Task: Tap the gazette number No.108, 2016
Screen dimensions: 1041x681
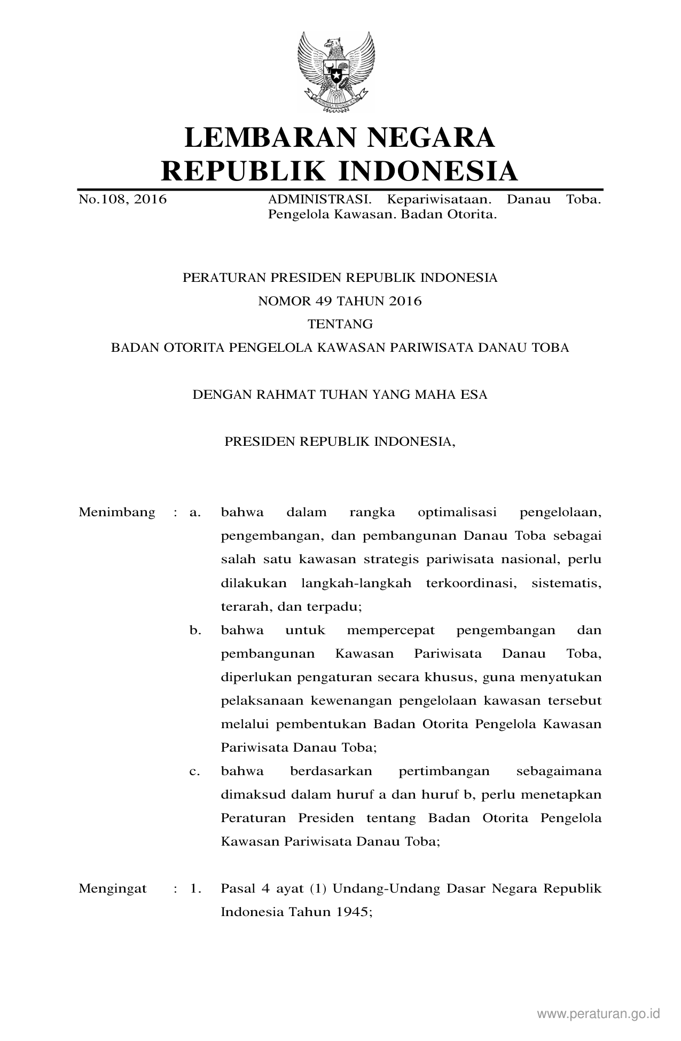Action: click(122, 200)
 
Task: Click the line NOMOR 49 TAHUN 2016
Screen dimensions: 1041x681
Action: click(340, 301)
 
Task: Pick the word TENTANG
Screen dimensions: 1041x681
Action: click(340, 324)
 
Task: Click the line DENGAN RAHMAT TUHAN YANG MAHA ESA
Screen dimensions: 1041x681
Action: click(340, 395)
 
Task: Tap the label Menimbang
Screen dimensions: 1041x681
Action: click(117, 512)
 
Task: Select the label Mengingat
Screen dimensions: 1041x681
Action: click(113, 889)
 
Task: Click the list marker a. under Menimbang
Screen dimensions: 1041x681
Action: click(195, 512)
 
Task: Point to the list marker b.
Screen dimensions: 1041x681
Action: click(195, 630)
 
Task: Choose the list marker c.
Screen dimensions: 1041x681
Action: click(195, 771)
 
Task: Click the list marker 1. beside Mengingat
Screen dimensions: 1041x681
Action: click(195, 889)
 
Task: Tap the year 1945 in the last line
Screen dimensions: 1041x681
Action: click(352, 912)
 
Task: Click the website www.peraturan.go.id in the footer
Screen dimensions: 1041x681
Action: click(599, 1013)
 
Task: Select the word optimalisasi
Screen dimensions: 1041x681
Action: click(457, 512)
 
